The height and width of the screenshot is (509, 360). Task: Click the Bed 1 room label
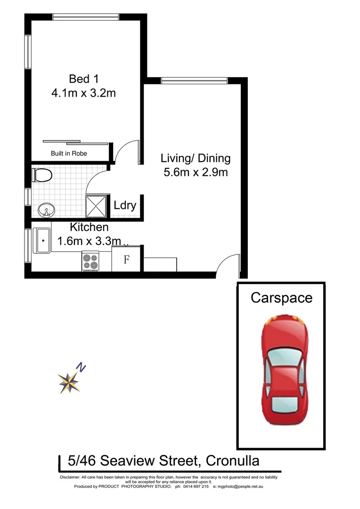coord(83,78)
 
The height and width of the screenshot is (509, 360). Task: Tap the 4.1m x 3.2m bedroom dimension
coord(83,93)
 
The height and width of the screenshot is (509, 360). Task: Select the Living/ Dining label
coord(196,158)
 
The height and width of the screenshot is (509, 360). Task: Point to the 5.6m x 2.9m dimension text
coord(196,172)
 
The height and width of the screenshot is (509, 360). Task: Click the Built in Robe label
coord(69,154)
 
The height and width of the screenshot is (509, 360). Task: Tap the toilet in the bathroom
coord(42,176)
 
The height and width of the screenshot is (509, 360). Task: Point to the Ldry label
coord(125,205)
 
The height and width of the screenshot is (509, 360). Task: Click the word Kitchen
coord(90,227)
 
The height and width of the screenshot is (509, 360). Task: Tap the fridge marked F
coord(126,260)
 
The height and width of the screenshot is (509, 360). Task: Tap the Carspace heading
coord(281,298)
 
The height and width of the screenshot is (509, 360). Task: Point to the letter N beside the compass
coord(82,367)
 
